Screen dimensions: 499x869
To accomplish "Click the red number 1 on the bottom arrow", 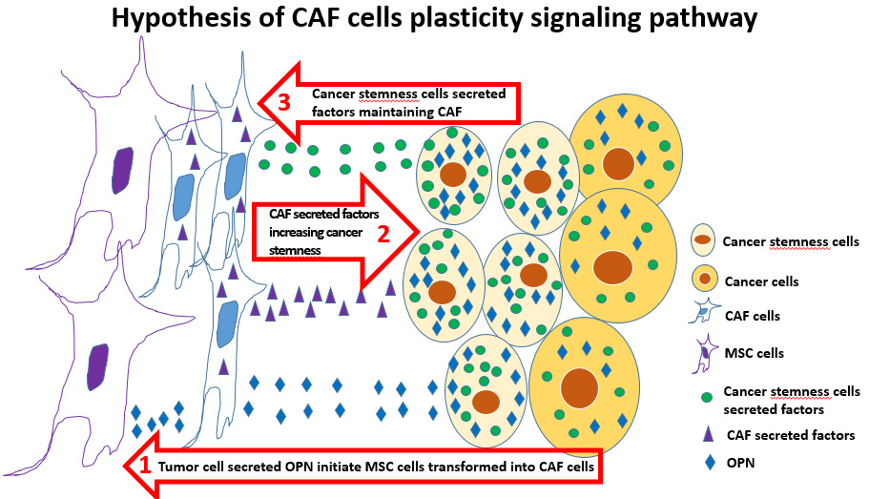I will coord(145,466).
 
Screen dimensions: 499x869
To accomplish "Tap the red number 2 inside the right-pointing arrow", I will coord(383,234).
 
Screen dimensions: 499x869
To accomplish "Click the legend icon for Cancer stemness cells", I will coord(704,242).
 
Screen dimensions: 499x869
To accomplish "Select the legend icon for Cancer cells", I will coord(704,281).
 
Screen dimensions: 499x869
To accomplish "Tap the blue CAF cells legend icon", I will coord(704,314).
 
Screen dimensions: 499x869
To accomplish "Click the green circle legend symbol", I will coord(705,395).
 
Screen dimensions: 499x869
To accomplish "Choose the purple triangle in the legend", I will coord(705,435).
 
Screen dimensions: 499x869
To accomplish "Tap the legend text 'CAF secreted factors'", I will coord(791,436).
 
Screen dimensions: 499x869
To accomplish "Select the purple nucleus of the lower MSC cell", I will coord(98,366).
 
